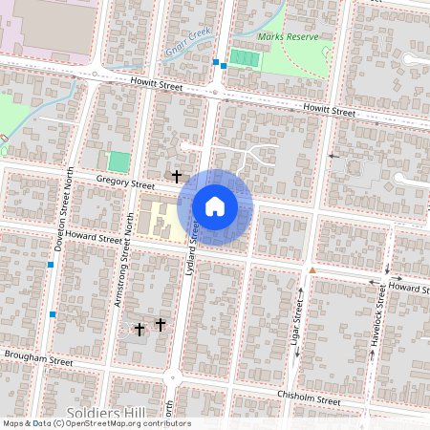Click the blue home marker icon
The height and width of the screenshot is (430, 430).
click(x=215, y=206)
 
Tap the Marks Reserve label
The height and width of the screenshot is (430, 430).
click(x=288, y=37)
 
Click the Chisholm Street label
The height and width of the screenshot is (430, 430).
click(x=308, y=398)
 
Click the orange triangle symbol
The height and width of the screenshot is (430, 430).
click(x=312, y=270)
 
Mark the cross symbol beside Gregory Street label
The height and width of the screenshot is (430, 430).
click(x=176, y=176)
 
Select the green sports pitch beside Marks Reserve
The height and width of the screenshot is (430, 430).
click(x=244, y=59)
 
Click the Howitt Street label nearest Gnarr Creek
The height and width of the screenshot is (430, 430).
click(x=155, y=85)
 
